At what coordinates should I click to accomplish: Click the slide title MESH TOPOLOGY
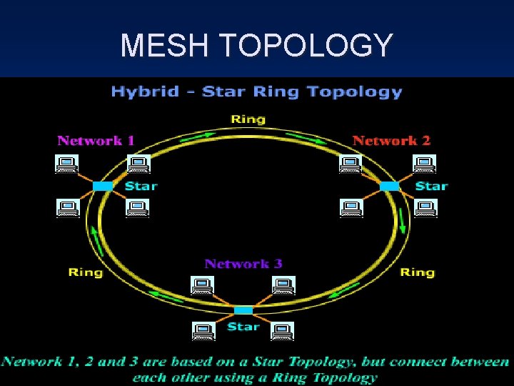point(256,45)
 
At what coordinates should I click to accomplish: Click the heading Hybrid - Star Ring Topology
point(256,91)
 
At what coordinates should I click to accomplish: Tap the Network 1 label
point(96,140)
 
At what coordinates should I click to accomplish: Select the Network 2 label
point(391,140)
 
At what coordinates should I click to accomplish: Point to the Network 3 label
point(243,263)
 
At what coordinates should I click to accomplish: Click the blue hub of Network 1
point(103,186)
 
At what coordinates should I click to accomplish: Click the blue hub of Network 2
point(389,186)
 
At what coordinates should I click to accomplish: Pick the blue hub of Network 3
point(243,310)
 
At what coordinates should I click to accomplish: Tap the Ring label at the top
point(248,119)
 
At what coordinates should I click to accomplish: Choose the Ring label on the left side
point(85,272)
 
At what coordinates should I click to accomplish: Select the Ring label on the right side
point(417,272)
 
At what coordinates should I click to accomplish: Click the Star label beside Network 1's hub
point(141,186)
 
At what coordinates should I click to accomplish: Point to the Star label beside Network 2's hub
point(431,186)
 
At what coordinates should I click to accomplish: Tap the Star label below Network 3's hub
point(243,327)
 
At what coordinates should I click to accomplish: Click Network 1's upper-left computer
point(67,164)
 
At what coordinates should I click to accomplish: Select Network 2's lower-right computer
point(425,208)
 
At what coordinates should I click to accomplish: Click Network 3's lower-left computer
point(203,331)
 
